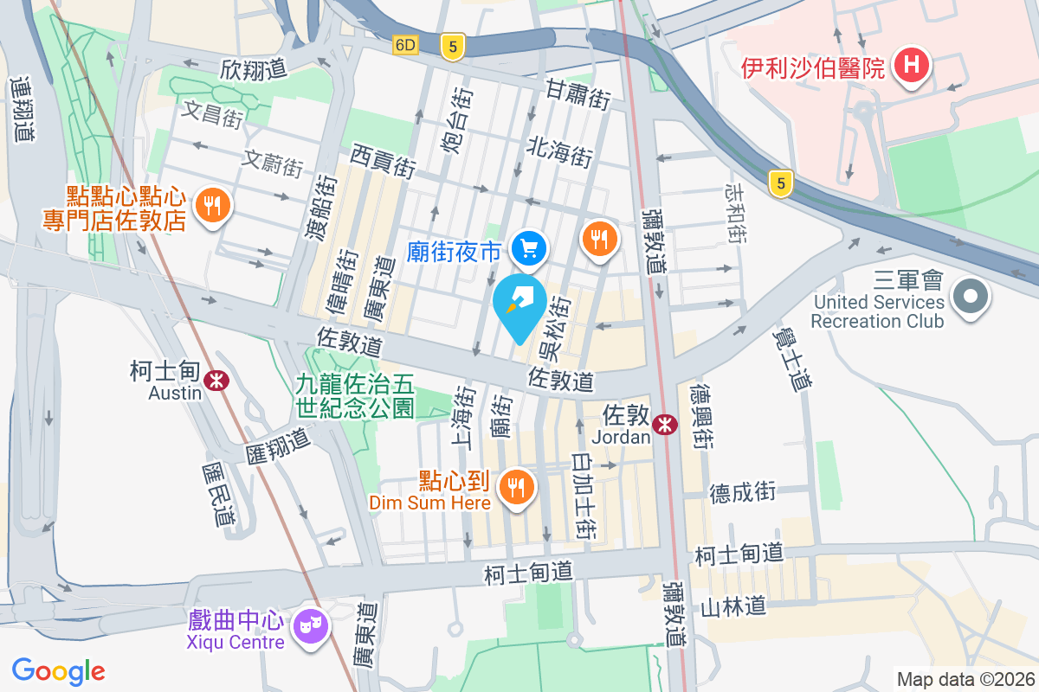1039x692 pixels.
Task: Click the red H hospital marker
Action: click(911, 66)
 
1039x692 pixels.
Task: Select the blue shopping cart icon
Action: click(527, 249)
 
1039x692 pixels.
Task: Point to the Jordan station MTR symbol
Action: click(665, 425)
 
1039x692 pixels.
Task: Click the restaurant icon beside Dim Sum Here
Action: click(517, 486)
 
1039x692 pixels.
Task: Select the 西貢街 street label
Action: click(384, 161)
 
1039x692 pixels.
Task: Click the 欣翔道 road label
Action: click(253, 67)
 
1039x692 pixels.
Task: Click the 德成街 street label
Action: click(742, 492)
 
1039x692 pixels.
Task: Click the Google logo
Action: click(59, 670)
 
